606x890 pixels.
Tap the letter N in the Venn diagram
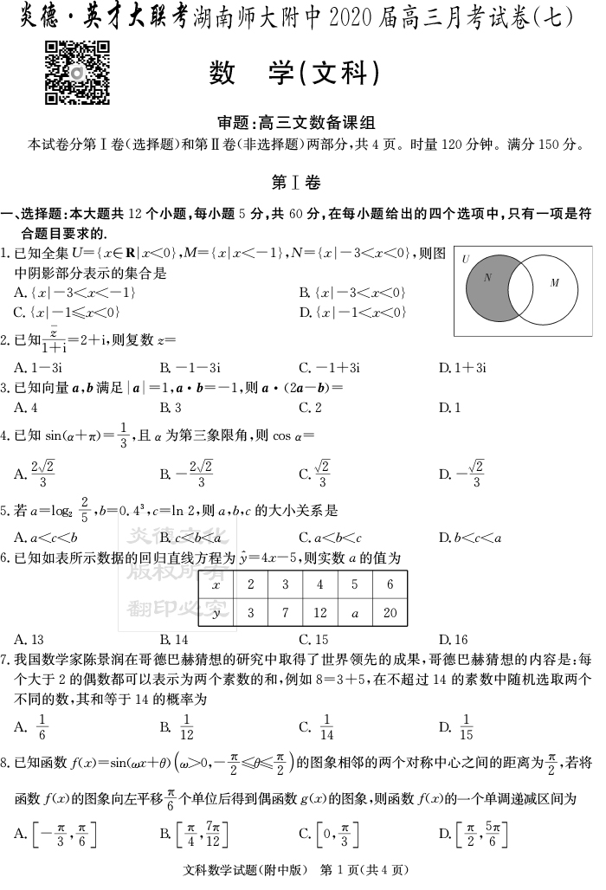487,278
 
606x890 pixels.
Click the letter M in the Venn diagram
555,283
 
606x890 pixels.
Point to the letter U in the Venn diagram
465,259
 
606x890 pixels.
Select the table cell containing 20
389,613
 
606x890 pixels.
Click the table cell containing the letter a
355,613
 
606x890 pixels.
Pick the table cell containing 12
319,613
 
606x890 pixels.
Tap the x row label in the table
216,584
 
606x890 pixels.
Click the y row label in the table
216,613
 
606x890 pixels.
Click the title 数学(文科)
294,75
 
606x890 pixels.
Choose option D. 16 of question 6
454,640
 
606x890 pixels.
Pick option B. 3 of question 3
171,407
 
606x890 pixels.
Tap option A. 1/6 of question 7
34,727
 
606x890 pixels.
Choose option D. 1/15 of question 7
458,727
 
